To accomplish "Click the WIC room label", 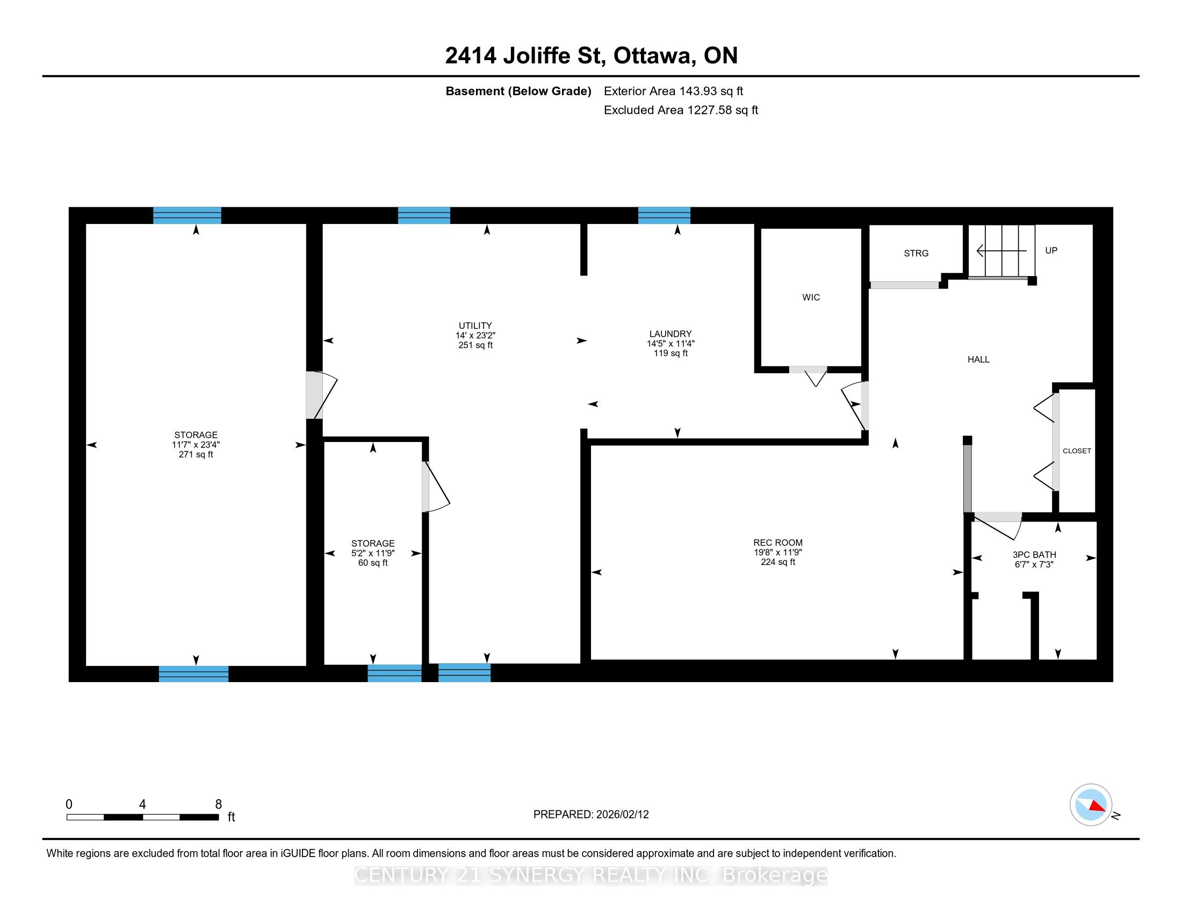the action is [811, 298].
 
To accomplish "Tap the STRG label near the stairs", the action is [916, 253].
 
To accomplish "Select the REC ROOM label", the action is [778, 542].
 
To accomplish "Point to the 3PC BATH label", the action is [1034, 554].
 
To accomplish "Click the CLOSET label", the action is [1077, 451].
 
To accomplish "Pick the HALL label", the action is [978, 359].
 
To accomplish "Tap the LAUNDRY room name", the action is [671, 334].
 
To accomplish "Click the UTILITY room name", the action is [475, 325].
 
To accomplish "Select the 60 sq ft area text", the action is [373, 562].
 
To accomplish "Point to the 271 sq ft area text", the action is [196, 454].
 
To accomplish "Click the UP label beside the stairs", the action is [1051, 250].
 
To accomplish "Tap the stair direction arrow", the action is [1001, 251].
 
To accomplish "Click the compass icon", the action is [1091, 805].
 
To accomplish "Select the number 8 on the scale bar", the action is [219, 805].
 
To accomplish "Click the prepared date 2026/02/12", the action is [622, 815].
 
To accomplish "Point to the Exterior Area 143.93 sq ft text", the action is [673, 91].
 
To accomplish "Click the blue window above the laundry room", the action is [664, 215].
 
